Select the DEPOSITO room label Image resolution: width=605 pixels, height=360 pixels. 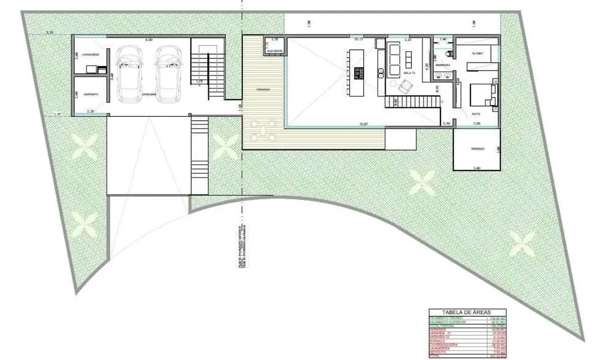click(x=91, y=95)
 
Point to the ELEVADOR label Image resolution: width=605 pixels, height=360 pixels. click(x=274, y=51)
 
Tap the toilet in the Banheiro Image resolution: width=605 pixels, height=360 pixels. click(x=450, y=53)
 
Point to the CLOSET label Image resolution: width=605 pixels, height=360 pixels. click(x=477, y=53)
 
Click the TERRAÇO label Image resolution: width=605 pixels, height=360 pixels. click(x=477, y=150)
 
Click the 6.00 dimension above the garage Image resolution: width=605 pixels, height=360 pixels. click(x=147, y=40)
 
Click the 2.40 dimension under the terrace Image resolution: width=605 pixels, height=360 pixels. click(x=477, y=167)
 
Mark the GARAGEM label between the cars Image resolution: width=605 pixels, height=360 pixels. click(x=148, y=95)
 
